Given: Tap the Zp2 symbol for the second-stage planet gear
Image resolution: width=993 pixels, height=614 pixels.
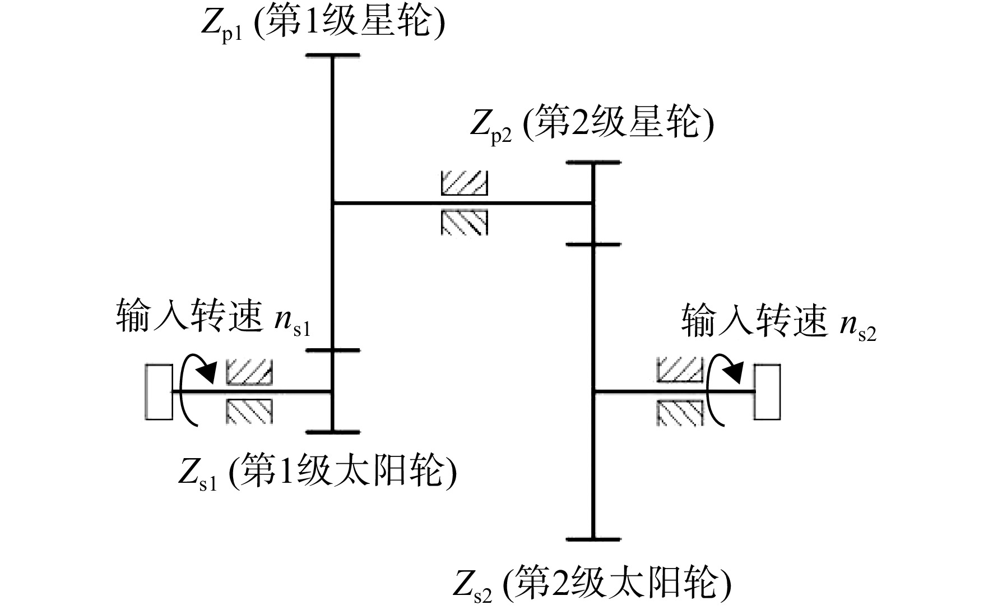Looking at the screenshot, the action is point(491,129).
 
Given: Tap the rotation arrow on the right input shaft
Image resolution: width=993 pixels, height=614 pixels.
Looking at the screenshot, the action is point(725,390).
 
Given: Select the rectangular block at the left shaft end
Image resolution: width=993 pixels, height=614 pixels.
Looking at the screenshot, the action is point(159,391).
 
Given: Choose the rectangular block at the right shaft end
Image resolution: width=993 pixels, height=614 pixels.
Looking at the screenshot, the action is point(767,391).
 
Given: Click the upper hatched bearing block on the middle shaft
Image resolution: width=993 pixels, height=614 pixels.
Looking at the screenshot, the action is point(465,183).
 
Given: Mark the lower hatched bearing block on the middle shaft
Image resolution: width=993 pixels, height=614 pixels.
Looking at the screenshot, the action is point(465,223).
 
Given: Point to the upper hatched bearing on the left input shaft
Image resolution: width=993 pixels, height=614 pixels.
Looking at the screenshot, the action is point(249,372).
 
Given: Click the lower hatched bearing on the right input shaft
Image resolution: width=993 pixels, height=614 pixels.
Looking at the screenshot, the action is point(680,413).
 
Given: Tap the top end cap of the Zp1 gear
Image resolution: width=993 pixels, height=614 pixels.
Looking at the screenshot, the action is point(333,56).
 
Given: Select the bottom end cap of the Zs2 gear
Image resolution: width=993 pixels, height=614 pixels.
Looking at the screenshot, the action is point(593,539).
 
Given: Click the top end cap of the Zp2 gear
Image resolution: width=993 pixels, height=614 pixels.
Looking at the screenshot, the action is point(593,162).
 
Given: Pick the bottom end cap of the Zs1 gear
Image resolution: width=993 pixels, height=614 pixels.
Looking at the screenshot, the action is point(333,432).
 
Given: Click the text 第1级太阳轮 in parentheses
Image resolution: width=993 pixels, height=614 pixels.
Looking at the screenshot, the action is point(342,473).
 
